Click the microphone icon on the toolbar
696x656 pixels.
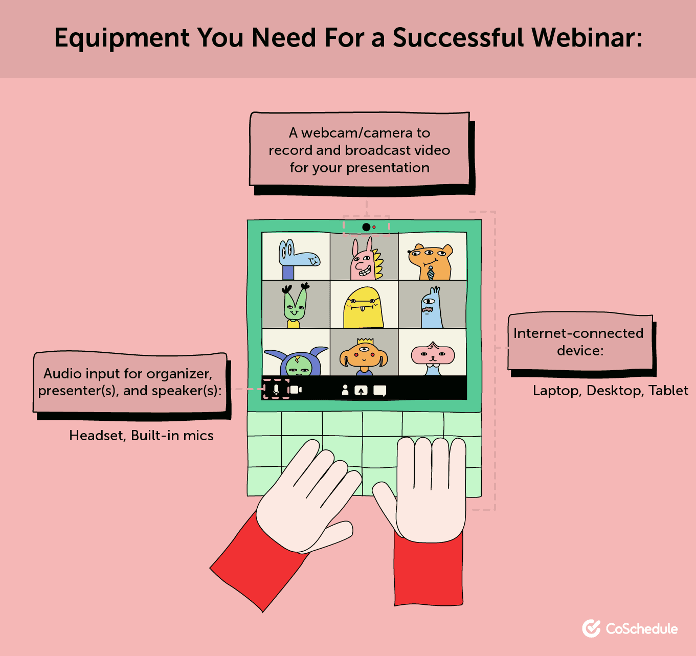(x=276, y=390)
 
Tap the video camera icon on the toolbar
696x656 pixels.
(x=295, y=390)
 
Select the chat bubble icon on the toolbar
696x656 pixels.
(x=379, y=391)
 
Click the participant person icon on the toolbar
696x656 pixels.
(x=345, y=390)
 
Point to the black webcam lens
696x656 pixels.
(x=366, y=227)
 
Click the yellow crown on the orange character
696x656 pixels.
(x=365, y=341)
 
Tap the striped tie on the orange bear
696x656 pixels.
(x=431, y=274)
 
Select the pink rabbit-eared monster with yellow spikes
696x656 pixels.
(x=364, y=261)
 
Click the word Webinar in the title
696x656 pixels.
(x=587, y=38)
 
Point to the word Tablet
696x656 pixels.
(x=668, y=391)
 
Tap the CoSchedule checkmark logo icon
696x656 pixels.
(x=591, y=628)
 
